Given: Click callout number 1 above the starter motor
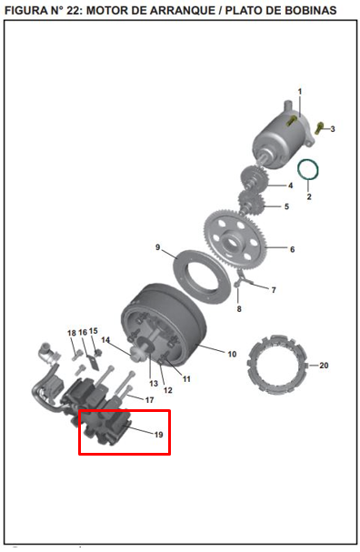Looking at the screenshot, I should [300, 91].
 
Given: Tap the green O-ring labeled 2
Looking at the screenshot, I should [309, 168].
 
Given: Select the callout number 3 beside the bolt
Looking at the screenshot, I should [333, 129].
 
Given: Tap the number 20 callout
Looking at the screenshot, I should [325, 366].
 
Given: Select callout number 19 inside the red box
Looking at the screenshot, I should [157, 435].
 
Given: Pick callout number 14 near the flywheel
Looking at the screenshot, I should [105, 340].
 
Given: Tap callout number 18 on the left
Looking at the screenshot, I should [72, 333].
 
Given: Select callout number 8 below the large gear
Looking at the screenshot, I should [239, 309].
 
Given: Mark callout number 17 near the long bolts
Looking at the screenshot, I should [149, 400].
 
